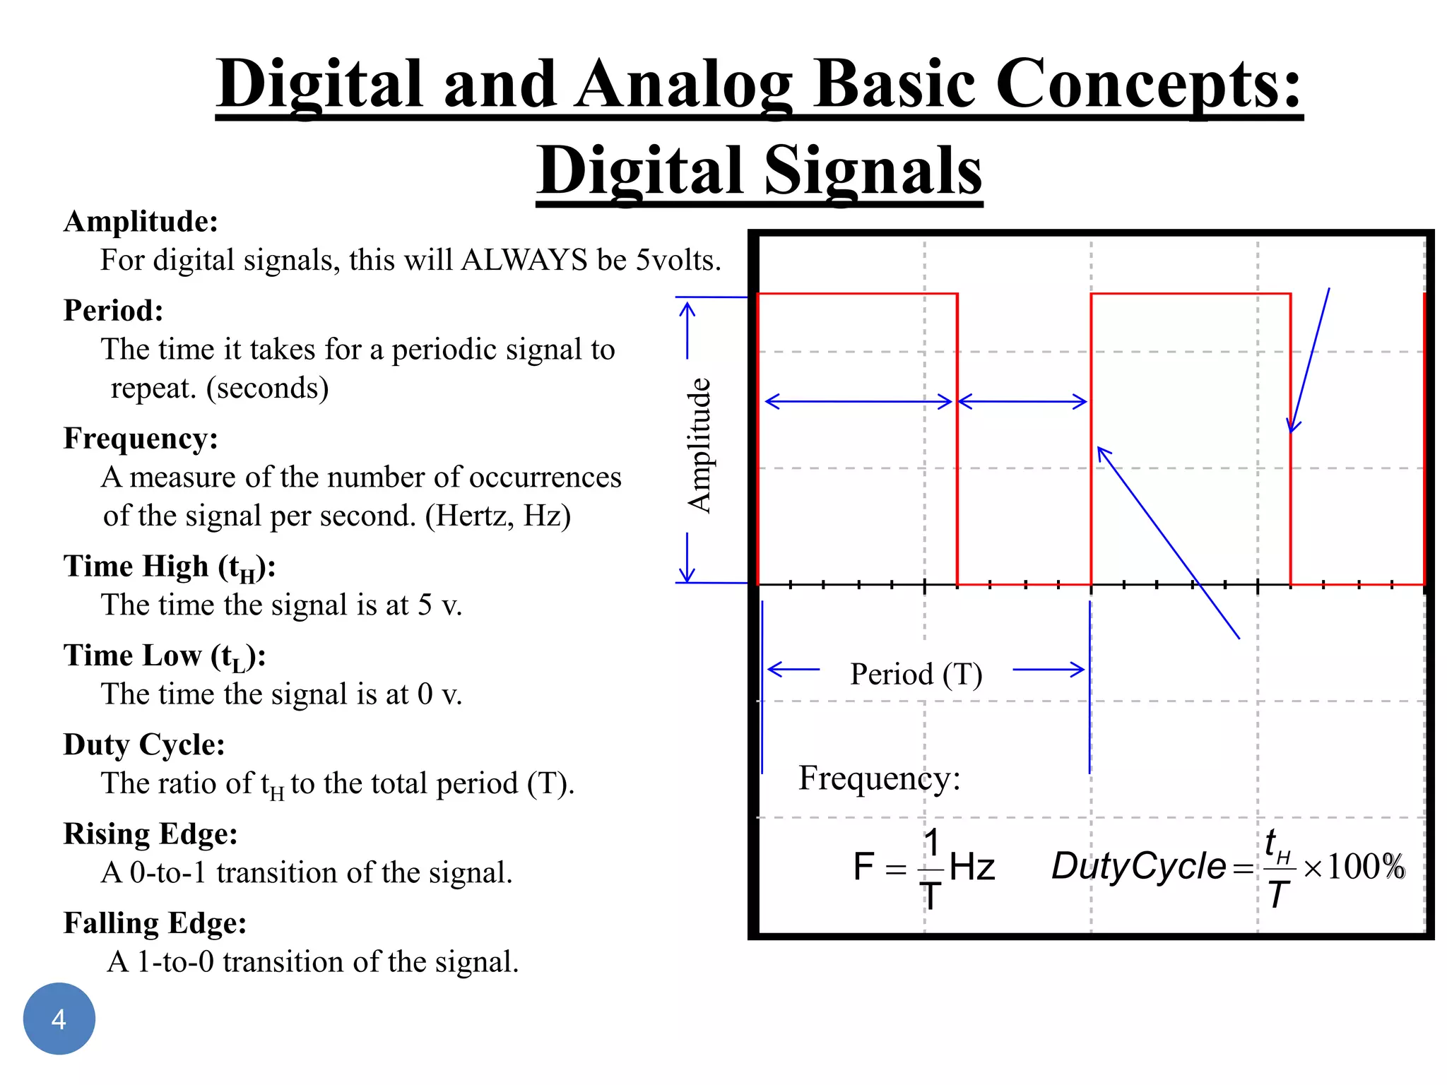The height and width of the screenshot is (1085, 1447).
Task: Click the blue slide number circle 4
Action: pyautogui.click(x=59, y=1019)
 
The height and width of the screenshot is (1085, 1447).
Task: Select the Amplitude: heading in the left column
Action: pyautogui.click(x=141, y=222)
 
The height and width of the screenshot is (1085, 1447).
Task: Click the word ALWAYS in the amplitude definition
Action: pyautogui.click(x=524, y=260)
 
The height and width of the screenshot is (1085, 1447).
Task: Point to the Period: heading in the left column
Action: pyautogui.click(x=113, y=311)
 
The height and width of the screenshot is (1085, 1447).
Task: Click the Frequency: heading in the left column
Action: pyautogui.click(x=141, y=439)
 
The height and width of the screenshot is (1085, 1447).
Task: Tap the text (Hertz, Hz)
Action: pyautogui.click(x=497, y=516)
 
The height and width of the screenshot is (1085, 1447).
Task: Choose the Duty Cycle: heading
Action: pyautogui.click(x=144, y=745)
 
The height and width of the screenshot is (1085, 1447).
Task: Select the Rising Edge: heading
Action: pyautogui.click(x=150, y=834)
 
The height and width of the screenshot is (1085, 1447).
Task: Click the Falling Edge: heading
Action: pyautogui.click(x=155, y=923)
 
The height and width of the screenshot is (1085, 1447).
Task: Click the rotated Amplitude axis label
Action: pyautogui.click(x=699, y=445)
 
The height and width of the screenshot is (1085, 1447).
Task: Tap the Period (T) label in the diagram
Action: pyautogui.click(x=916, y=674)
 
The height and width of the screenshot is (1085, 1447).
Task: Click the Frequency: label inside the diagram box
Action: pyautogui.click(x=879, y=778)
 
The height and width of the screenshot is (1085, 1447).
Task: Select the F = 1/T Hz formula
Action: pyautogui.click(x=923, y=867)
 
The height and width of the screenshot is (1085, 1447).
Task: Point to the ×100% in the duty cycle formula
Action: pyautogui.click(x=1354, y=867)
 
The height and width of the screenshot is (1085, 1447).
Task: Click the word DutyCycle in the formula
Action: pyautogui.click(x=1138, y=867)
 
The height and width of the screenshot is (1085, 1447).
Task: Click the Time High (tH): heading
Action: pyautogui.click(x=169, y=567)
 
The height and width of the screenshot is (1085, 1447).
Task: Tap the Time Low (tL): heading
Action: pyautogui.click(x=164, y=656)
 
